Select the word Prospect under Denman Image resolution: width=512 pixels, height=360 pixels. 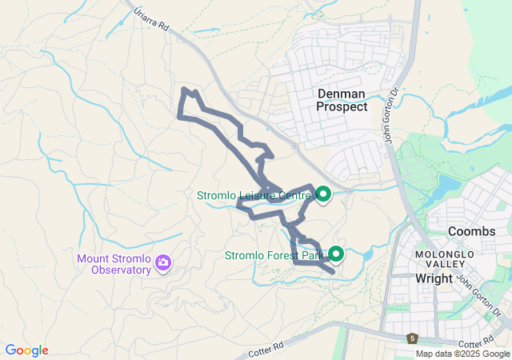[342, 106]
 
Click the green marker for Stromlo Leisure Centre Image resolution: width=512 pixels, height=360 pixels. [324, 193]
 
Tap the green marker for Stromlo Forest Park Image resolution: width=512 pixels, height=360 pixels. [336, 254]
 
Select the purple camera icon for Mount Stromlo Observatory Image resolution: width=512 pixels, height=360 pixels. [164, 262]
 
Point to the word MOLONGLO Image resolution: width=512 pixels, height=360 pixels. [435, 254]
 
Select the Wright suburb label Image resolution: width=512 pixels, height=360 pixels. [434, 278]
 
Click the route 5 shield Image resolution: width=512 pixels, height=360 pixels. [412, 338]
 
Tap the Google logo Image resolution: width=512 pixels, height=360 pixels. [26, 350]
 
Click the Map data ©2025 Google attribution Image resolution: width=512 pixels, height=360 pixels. [462, 354]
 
